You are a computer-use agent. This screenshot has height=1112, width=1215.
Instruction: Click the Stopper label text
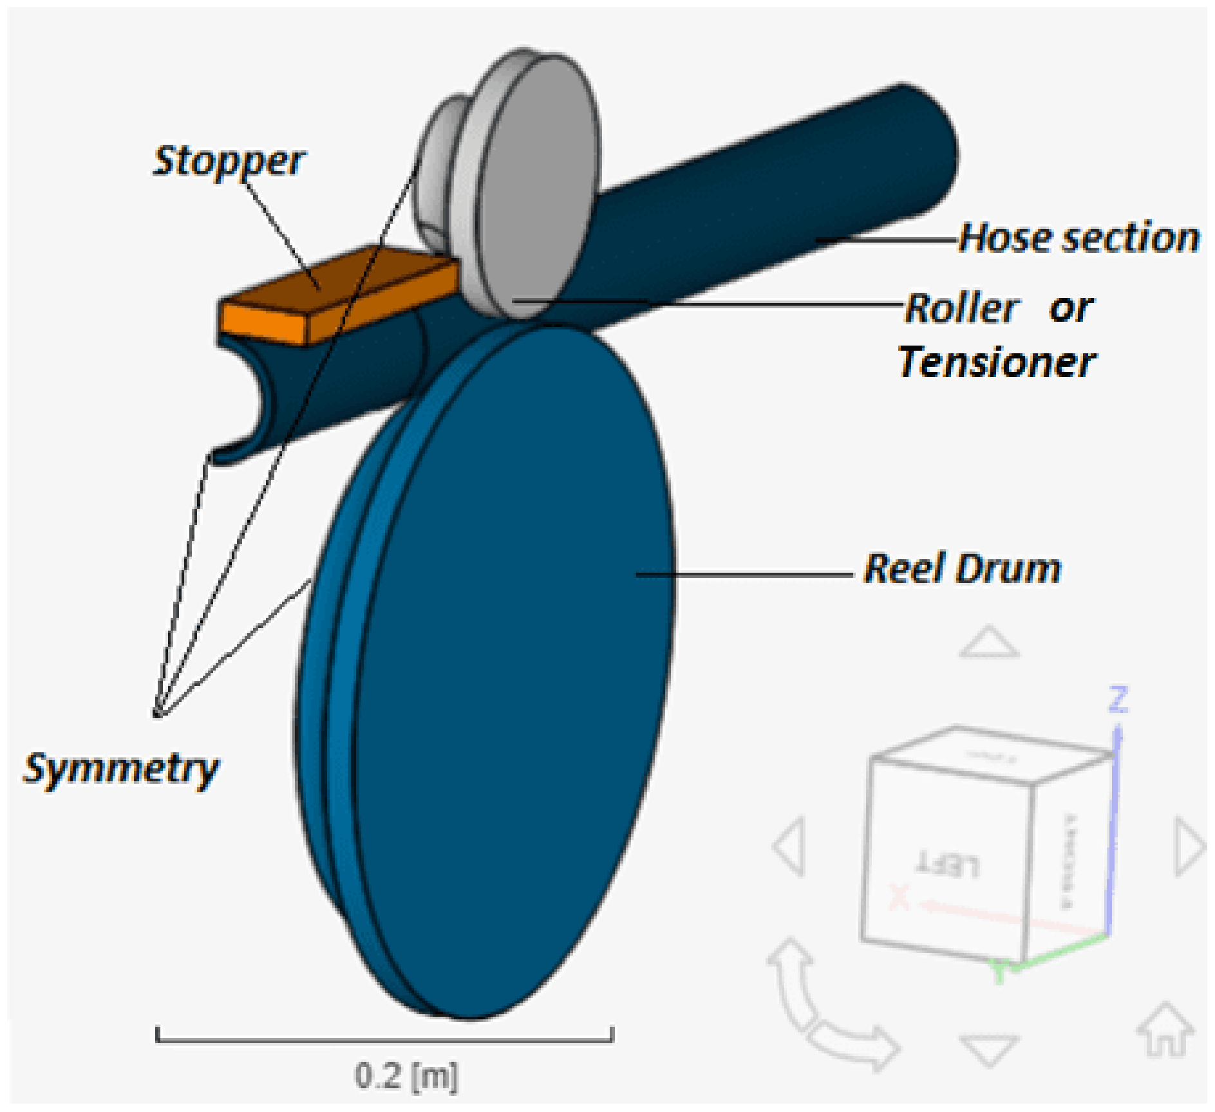tap(229, 161)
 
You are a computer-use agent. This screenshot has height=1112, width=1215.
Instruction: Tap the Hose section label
tap(1079, 237)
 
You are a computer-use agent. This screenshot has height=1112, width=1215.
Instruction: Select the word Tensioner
tap(997, 362)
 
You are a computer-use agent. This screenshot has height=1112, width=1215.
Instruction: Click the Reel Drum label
tap(962, 569)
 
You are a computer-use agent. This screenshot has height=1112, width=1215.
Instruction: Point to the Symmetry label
tap(121, 768)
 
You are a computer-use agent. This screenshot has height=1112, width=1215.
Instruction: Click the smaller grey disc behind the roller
tap(438, 167)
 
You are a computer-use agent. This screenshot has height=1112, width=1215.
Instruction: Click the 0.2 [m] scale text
tap(406, 1075)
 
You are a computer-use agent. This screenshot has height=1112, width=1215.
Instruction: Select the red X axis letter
tap(899, 897)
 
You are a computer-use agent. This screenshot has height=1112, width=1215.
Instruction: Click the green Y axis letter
tap(999, 972)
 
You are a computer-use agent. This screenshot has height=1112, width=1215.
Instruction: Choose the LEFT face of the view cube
tap(947, 862)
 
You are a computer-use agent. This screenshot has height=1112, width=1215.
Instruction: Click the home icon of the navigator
tap(1165, 1030)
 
